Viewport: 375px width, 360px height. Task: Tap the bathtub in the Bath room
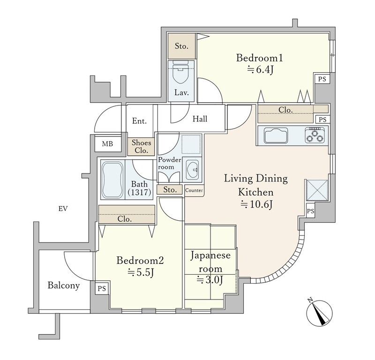click(112, 179)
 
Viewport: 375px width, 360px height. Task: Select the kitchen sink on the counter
click(276, 135)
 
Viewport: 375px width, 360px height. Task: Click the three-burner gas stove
click(315, 135)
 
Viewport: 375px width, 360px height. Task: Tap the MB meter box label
click(107, 144)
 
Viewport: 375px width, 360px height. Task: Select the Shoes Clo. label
click(142, 146)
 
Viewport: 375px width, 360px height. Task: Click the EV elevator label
click(63, 209)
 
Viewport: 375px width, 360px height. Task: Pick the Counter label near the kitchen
click(194, 190)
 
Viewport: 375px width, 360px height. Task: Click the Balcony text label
click(63, 285)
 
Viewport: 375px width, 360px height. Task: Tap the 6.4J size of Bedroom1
click(260, 70)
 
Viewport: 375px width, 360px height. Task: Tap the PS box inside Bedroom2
click(102, 289)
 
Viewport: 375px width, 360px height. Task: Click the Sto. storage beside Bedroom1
click(181, 46)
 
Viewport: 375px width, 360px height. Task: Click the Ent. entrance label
click(139, 121)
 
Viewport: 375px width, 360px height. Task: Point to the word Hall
click(200, 119)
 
